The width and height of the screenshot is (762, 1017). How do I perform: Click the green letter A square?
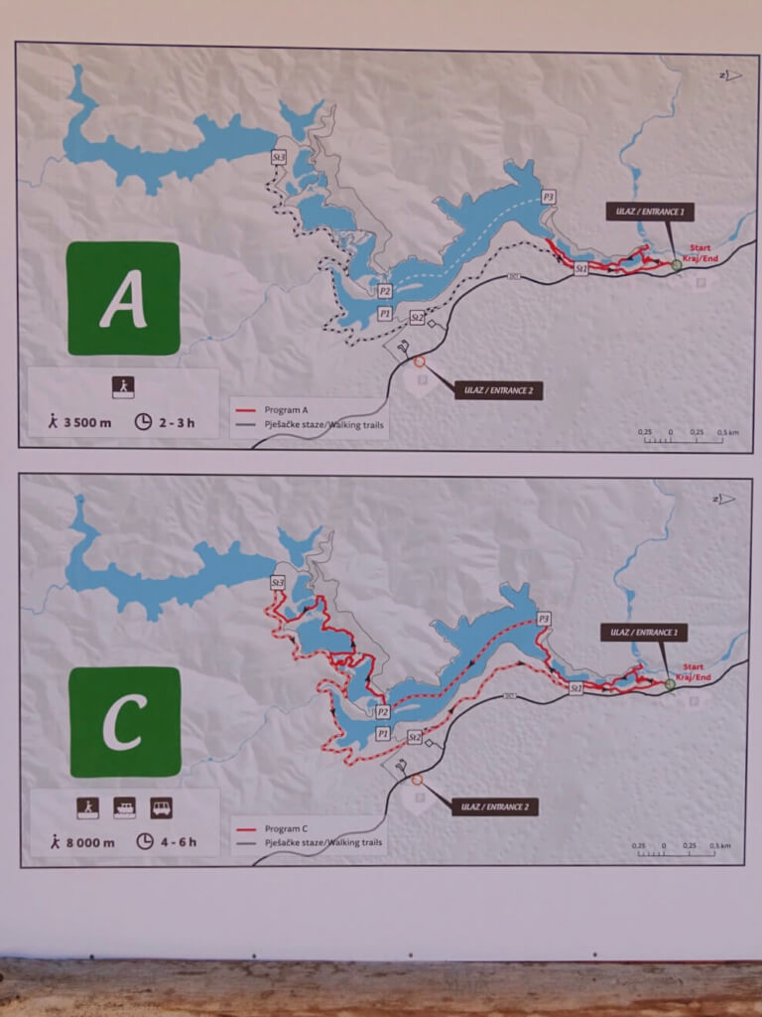pyautogui.click(x=123, y=298)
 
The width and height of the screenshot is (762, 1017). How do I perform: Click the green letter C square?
pyautogui.click(x=125, y=722)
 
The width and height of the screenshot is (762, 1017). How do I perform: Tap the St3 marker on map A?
pyautogui.click(x=279, y=157)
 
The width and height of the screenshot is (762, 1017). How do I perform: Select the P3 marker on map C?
pyautogui.click(x=544, y=619)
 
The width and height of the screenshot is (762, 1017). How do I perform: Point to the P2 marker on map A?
pyautogui.click(x=384, y=291)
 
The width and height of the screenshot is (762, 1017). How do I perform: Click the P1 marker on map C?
pyautogui.click(x=384, y=733)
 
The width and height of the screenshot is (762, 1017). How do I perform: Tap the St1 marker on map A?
pyautogui.click(x=582, y=268)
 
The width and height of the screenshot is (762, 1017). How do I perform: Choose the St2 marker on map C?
pyautogui.click(x=415, y=737)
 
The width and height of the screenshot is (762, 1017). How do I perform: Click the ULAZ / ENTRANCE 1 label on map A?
pyautogui.click(x=650, y=212)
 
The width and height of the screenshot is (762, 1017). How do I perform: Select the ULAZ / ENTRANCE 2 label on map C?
pyautogui.click(x=495, y=807)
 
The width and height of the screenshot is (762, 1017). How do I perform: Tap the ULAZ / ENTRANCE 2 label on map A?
pyautogui.click(x=498, y=390)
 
